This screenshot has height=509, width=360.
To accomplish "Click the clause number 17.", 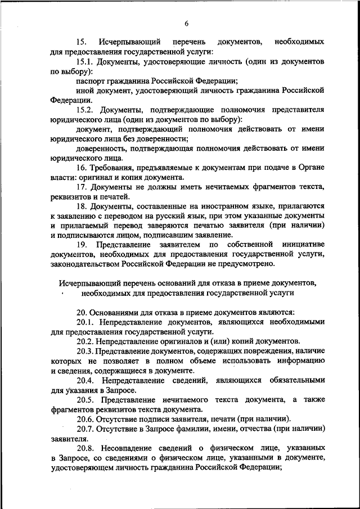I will (x=82, y=187).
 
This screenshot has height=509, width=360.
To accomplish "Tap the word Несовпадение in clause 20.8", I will (x=129, y=448).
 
